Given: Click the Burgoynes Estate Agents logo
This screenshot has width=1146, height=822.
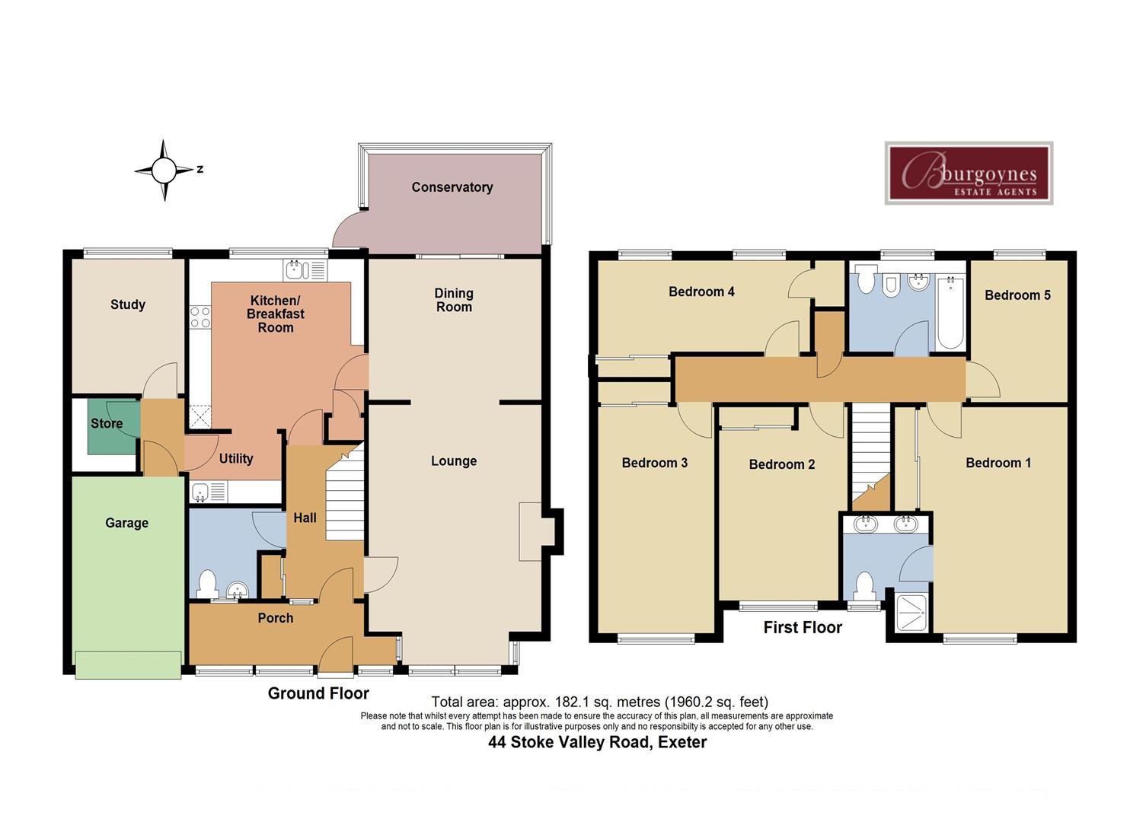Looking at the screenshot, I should tap(969, 173).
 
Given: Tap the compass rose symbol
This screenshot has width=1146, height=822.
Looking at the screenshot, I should tap(164, 170).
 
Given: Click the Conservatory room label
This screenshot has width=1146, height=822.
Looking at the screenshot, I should tap(452, 187).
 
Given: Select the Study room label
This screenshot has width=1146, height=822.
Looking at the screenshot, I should tap(127, 304).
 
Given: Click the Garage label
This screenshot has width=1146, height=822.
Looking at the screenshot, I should tap(126, 523).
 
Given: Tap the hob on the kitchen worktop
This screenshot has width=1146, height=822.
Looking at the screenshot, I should tap(200, 317).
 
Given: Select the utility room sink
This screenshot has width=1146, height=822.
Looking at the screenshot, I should tap(201, 492).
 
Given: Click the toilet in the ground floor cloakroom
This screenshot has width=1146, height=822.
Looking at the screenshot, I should tap(206, 585).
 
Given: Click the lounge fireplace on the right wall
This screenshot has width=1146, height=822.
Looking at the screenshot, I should tap(531, 530).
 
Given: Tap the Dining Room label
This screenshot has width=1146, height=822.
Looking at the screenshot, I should tap(454, 300).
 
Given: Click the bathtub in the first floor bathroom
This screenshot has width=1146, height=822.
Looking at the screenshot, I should tap(950, 313).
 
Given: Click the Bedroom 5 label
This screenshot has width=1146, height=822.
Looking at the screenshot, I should tap(1017, 295).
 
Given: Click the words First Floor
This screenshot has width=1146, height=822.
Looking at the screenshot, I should tap(803, 627).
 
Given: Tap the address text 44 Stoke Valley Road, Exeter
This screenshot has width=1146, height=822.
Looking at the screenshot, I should tap(597, 742).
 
